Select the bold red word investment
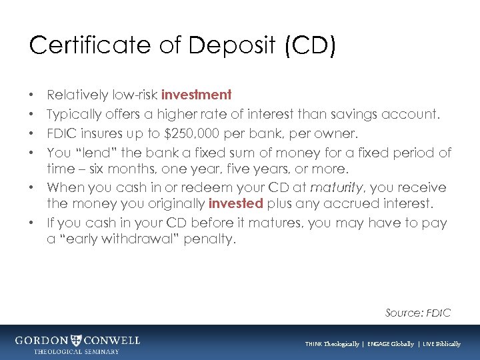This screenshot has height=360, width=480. pyautogui.click(x=196, y=95)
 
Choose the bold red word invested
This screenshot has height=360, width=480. pyautogui.click(x=236, y=203)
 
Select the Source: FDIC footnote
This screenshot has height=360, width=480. pyautogui.click(x=418, y=312)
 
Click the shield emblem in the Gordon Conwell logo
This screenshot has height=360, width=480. pyautogui.click(x=77, y=340)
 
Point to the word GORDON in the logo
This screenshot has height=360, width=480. pyautogui.click(x=42, y=340)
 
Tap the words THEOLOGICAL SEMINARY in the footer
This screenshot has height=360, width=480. pyautogui.click(x=77, y=351)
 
